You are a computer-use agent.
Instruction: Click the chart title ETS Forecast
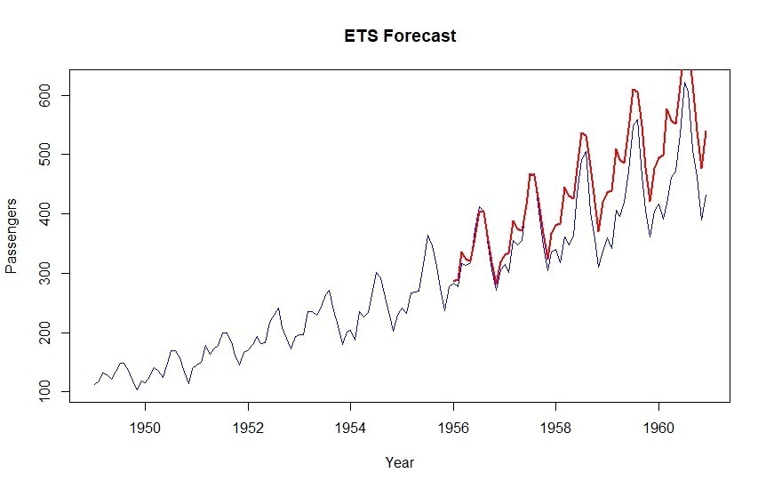(401, 36)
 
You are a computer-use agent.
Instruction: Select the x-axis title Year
(399, 462)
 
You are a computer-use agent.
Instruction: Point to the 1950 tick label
(146, 427)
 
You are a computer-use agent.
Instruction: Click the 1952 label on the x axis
(248, 427)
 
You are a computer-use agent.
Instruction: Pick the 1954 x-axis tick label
(351, 427)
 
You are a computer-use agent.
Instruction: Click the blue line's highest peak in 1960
(684, 84)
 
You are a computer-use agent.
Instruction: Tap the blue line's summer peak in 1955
(428, 236)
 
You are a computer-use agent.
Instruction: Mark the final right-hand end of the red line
(706, 132)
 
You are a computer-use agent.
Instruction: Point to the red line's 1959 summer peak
(633, 89)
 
